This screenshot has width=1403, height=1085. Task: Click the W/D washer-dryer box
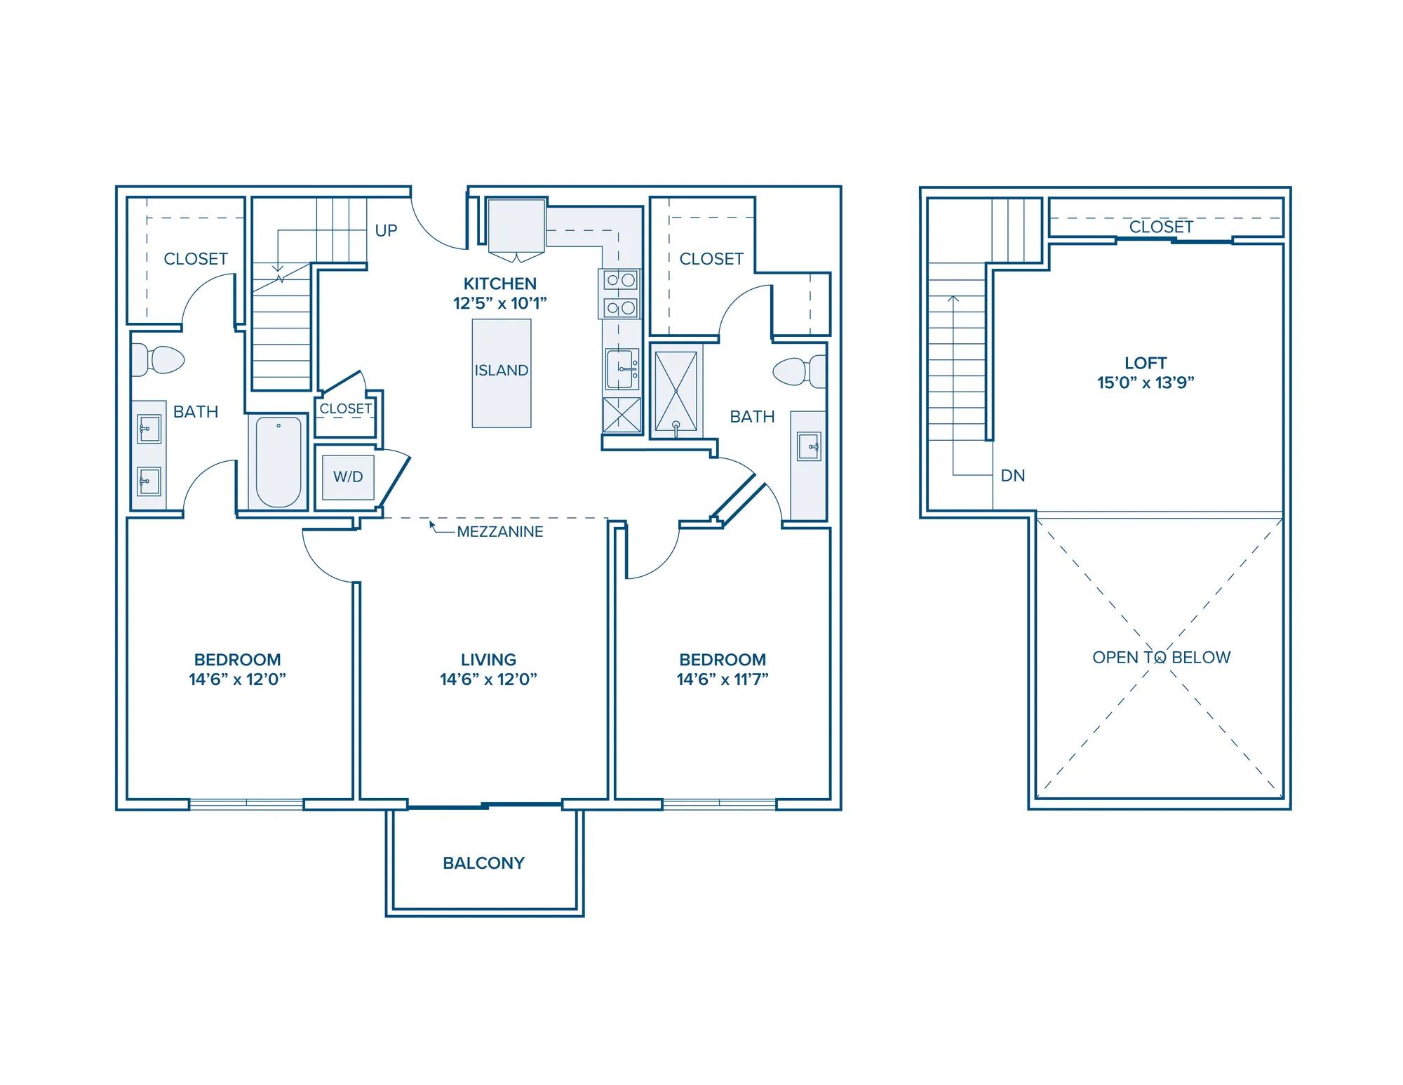[x=348, y=477]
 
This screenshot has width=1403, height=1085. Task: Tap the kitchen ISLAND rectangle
[x=501, y=373]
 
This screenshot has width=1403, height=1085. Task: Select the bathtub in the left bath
[x=278, y=461]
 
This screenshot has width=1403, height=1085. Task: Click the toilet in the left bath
[x=159, y=360]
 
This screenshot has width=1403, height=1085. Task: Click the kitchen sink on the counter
[x=622, y=368]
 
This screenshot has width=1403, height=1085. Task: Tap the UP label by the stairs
[x=386, y=230]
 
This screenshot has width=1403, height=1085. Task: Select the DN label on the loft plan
[x=1013, y=476]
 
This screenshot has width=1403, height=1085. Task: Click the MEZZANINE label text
[x=500, y=532]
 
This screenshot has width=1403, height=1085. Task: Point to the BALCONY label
[x=483, y=863]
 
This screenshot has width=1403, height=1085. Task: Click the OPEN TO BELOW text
[x=1162, y=658]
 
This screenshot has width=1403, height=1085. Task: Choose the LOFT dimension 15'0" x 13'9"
[x=1146, y=382]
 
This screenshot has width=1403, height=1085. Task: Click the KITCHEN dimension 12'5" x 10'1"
[x=499, y=303]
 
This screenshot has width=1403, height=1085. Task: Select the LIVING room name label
[x=488, y=660]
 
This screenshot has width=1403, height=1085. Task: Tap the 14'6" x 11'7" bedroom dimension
[x=723, y=679]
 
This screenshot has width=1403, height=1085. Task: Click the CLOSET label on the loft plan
[x=1161, y=227]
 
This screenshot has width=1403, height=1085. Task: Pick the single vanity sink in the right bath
[x=809, y=446]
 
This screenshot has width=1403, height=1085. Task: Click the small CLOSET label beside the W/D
[x=345, y=408]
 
